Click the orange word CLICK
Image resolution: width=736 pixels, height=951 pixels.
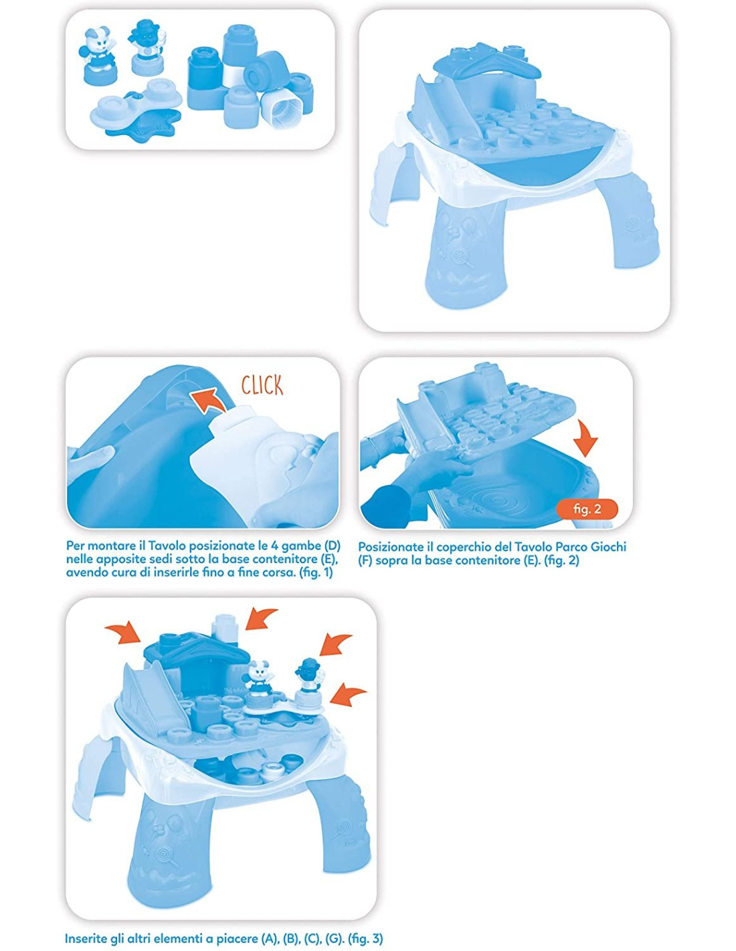pos(262,385)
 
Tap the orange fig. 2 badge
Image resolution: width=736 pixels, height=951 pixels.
pos(587,508)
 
